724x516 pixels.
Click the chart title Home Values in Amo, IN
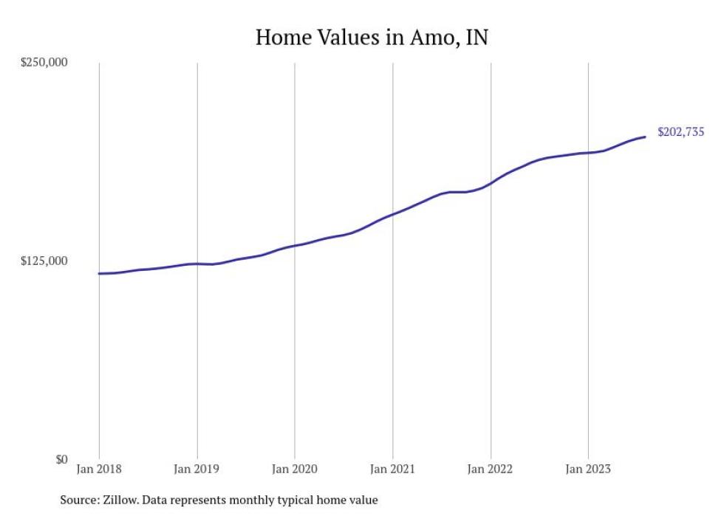372,37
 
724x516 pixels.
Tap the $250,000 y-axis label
44,62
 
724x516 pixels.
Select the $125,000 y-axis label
44,261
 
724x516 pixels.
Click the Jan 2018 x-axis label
99,468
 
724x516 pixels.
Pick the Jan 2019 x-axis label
197,468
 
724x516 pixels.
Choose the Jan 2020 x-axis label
295,468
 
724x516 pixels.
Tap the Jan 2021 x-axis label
392,468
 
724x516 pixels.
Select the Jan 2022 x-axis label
491,468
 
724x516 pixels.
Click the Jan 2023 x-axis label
588,468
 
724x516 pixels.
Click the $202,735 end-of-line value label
680,133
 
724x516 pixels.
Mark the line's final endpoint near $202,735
645,137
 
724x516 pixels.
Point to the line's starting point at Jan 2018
99,274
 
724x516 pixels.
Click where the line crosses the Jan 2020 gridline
295,245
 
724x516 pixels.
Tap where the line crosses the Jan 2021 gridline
392,214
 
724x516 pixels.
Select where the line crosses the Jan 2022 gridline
491,182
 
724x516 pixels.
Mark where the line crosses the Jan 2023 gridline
588,153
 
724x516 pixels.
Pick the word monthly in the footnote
276,500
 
